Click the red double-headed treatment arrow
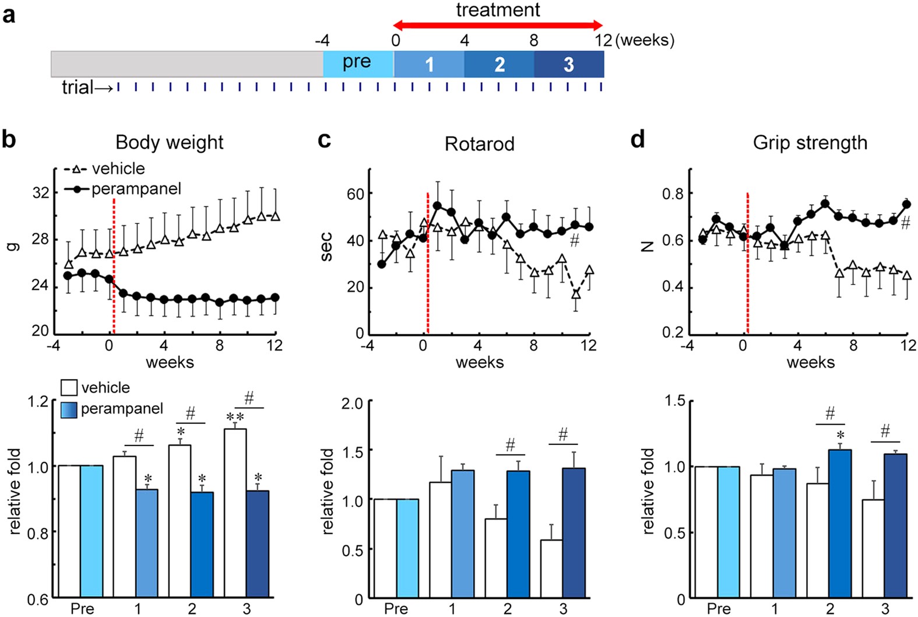(x=498, y=25)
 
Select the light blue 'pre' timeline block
(x=358, y=64)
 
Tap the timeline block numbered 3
(x=569, y=64)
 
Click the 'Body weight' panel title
(x=169, y=142)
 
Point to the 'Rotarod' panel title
(x=479, y=144)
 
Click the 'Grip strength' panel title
(x=810, y=143)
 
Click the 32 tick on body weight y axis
(x=41, y=192)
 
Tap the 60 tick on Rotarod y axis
(x=355, y=194)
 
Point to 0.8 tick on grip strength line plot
(x=673, y=194)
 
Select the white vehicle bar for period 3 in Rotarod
(x=551, y=569)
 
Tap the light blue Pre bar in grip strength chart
(x=729, y=532)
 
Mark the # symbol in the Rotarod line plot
(x=575, y=240)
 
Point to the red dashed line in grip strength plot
(x=747, y=262)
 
